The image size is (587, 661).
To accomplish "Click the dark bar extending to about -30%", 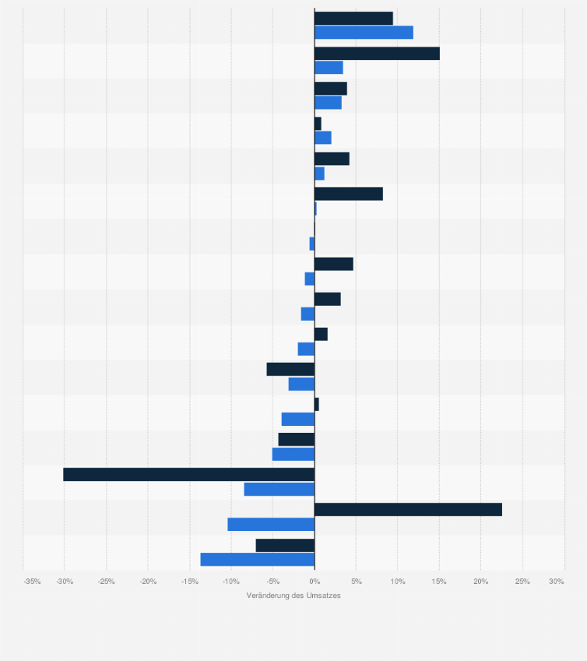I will pos(188,474).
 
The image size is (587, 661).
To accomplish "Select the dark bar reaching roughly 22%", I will pos(408,509).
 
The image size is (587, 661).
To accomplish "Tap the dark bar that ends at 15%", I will pos(377,53).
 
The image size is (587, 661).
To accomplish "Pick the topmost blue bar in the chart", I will pos(364,32).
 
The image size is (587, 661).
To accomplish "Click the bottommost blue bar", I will pos(257,559).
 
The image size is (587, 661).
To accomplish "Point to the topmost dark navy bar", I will pos(353,18).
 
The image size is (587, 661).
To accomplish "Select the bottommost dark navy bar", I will pos(285,545).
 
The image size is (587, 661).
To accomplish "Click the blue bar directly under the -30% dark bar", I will pos(279,489).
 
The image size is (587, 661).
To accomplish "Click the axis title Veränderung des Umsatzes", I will pos(293,596).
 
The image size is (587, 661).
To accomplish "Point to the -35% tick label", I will pos(32,581).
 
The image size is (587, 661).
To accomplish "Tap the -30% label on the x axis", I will pos(65,581).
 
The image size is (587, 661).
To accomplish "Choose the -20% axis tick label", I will pos(148,581).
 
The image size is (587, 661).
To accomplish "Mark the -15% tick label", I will pos(189,581).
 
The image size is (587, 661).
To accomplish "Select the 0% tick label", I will pos(315,581).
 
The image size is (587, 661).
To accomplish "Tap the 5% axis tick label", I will pos(356,581).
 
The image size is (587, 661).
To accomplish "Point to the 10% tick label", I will pos(397,581).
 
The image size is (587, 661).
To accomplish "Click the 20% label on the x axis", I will pos(480,581).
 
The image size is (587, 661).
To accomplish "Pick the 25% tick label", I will pos(522,581).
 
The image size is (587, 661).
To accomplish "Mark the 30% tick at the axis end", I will pos(556,581).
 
